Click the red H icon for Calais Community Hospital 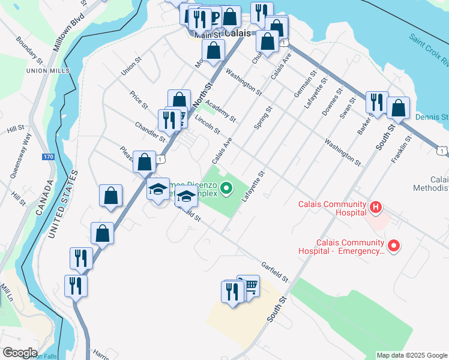pos(376,208)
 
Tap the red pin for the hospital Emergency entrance pos(394,245)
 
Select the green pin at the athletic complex pos(226,189)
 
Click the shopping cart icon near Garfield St pos(250,286)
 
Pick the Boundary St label pos(29,50)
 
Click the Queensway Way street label pos(19,160)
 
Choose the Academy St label pos(223,110)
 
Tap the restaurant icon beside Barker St pos(376,102)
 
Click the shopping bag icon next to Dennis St pos(398,108)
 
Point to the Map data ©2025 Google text pos(411,355)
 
